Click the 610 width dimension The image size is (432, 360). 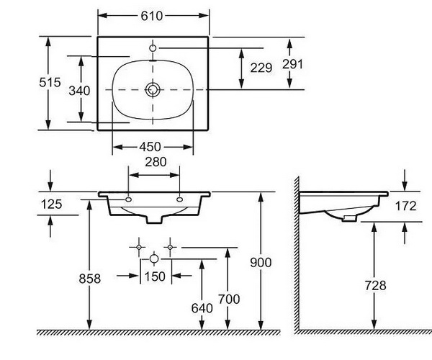pyautogui.click(x=151, y=16)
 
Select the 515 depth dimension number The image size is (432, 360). pyautogui.click(x=50, y=82)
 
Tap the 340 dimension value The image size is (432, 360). pyautogui.click(x=79, y=91)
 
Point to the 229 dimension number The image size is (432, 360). pyautogui.click(x=261, y=68)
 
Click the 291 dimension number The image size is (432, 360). pyautogui.click(x=292, y=64)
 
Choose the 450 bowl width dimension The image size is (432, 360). pyautogui.click(x=150, y=147)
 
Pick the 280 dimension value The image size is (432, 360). pyautogui.click(x=156, y=162)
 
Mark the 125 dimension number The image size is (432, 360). pyautogui.click(x=52, y=204)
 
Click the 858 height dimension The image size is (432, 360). pyautogui.click(x=90, y=279)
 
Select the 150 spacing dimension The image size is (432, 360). pyautogui.click(x=155, y=276)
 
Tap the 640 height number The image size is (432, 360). pyautogui.click(x=202, y=308)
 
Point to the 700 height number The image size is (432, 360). pyautogui.click(x=229, y=299)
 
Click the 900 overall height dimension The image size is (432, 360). pyautogui.click(x=261, y=263)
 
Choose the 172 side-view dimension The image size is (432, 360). pyautogui.click(x=406, y=206)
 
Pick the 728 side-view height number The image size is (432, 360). pyautogui.click(x=376, y=286)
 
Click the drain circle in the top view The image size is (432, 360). pyautogui.click(x=153, y=89)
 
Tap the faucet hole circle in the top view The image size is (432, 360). pyautogui.click(x=153, y=48)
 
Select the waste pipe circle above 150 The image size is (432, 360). pyautogui.click(x=154, y=259)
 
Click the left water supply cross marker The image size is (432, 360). pyautogui.click(x=139, y=248)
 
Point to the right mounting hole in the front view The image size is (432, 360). pyautogui.click(x=179, y=199)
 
